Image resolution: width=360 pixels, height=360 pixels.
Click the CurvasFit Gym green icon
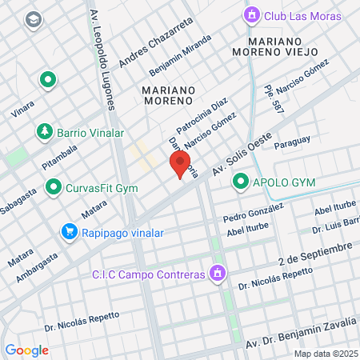click(54, 188)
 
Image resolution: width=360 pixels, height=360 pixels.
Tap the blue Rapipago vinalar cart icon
click(70, 233)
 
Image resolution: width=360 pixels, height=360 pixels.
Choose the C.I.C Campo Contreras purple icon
click(215, 274)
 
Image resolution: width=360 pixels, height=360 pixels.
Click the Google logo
click(26, 350)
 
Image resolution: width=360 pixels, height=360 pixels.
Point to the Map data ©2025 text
click(326, 354)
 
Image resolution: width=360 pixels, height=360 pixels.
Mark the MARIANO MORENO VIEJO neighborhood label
click(286, 46)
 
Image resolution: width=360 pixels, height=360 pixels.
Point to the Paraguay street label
click(292, 142)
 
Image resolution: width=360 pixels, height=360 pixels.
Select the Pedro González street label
click(254, 212)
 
